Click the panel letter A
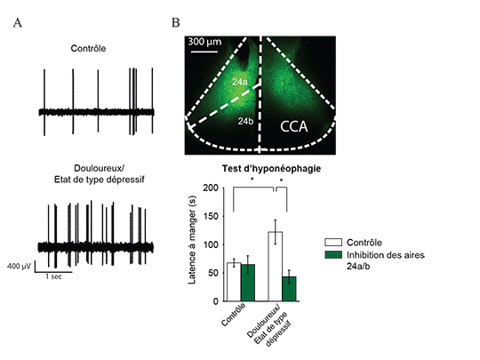tap(19, 23)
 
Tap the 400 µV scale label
tap(20, 266)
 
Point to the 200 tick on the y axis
tap(212, 188)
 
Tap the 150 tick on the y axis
tap(212, 216)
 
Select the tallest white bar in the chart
tap(276, 267)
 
